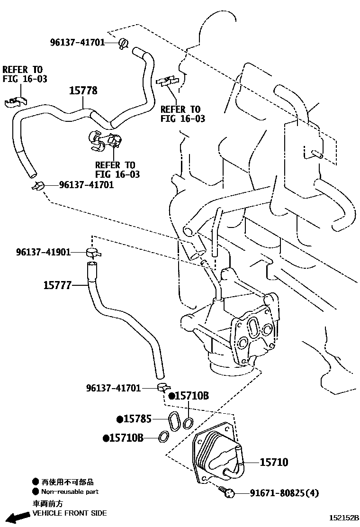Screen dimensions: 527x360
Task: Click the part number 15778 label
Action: (x=83, y=90)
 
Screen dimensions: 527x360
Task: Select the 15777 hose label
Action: (x=57, y=285)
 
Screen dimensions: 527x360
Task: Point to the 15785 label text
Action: (x=137, y=419)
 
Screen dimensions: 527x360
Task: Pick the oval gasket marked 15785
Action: (x=174, y=422)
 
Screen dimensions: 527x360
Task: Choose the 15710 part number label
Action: (x=274, y=462)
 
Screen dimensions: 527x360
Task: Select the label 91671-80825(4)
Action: (x=284, y=493)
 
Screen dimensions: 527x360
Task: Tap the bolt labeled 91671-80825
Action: (x=228, y=493)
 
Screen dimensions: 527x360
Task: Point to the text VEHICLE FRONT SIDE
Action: (x=69, y=513)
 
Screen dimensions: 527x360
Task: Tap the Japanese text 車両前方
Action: (x=47, y=503)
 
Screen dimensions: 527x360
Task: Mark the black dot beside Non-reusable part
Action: (x=36, y=492)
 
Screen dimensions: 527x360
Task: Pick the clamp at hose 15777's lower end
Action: (x=161, y=388)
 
